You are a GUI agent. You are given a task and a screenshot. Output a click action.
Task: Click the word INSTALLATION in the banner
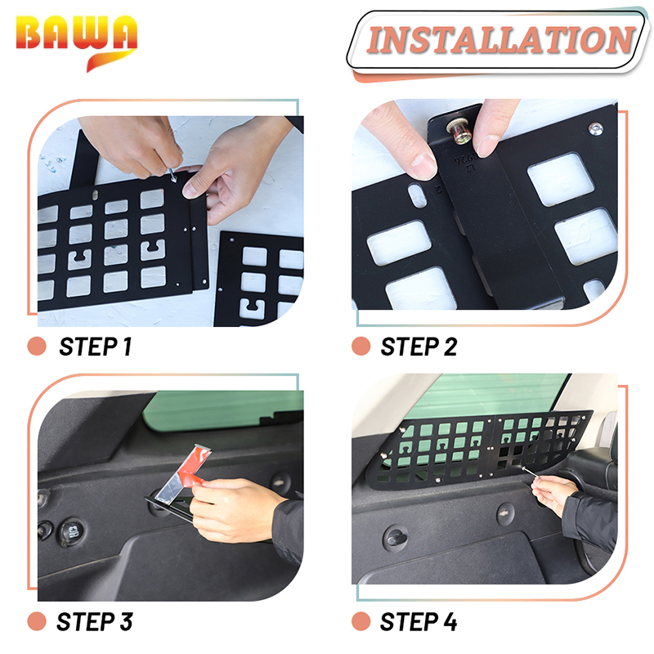(500, 40)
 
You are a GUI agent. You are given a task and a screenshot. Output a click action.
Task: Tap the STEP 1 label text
(96, 347)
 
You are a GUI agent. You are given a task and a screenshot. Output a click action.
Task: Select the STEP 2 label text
(419, 347)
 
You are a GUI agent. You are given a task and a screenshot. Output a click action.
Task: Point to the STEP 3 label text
(95, 621)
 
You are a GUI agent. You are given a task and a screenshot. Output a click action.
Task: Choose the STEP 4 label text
(419, 621)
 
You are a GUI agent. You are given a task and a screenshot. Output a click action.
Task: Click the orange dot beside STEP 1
(37, 346)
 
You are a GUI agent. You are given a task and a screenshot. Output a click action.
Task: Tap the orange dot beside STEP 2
(361, 346)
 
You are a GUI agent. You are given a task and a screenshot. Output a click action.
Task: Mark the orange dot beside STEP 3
(37, 621)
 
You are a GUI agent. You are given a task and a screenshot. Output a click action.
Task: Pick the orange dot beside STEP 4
(361, 621)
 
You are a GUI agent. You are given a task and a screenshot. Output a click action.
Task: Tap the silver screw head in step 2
(596, 128)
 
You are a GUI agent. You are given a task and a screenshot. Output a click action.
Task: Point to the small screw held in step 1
(172, 175)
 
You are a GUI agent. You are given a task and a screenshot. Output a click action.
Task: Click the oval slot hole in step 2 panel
(417, 195)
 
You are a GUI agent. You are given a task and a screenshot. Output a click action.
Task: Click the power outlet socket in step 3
(71, 533)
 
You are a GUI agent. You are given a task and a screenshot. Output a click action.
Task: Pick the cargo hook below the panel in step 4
(395, 538)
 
